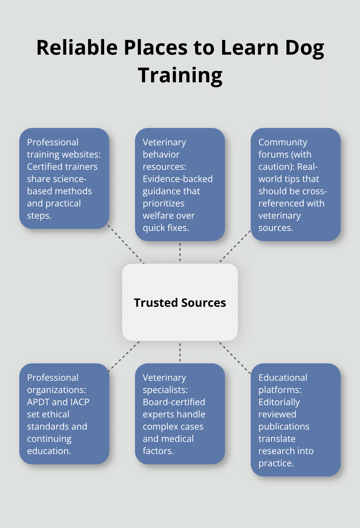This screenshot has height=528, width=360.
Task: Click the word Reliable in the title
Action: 77,48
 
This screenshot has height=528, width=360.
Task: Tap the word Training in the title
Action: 180,75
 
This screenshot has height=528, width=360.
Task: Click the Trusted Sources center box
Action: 180,302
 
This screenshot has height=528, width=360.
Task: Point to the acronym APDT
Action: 38,402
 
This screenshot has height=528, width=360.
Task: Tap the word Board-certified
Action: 174,402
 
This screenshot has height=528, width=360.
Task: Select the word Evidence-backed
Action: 177,179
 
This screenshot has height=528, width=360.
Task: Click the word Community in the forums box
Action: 283,142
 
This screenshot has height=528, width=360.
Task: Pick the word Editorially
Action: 279,402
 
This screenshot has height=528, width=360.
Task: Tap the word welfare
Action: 157,215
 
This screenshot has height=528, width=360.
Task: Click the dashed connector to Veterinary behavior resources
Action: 180,252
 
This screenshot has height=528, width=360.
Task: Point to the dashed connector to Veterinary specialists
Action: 180,352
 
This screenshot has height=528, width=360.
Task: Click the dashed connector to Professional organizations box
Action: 124,356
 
